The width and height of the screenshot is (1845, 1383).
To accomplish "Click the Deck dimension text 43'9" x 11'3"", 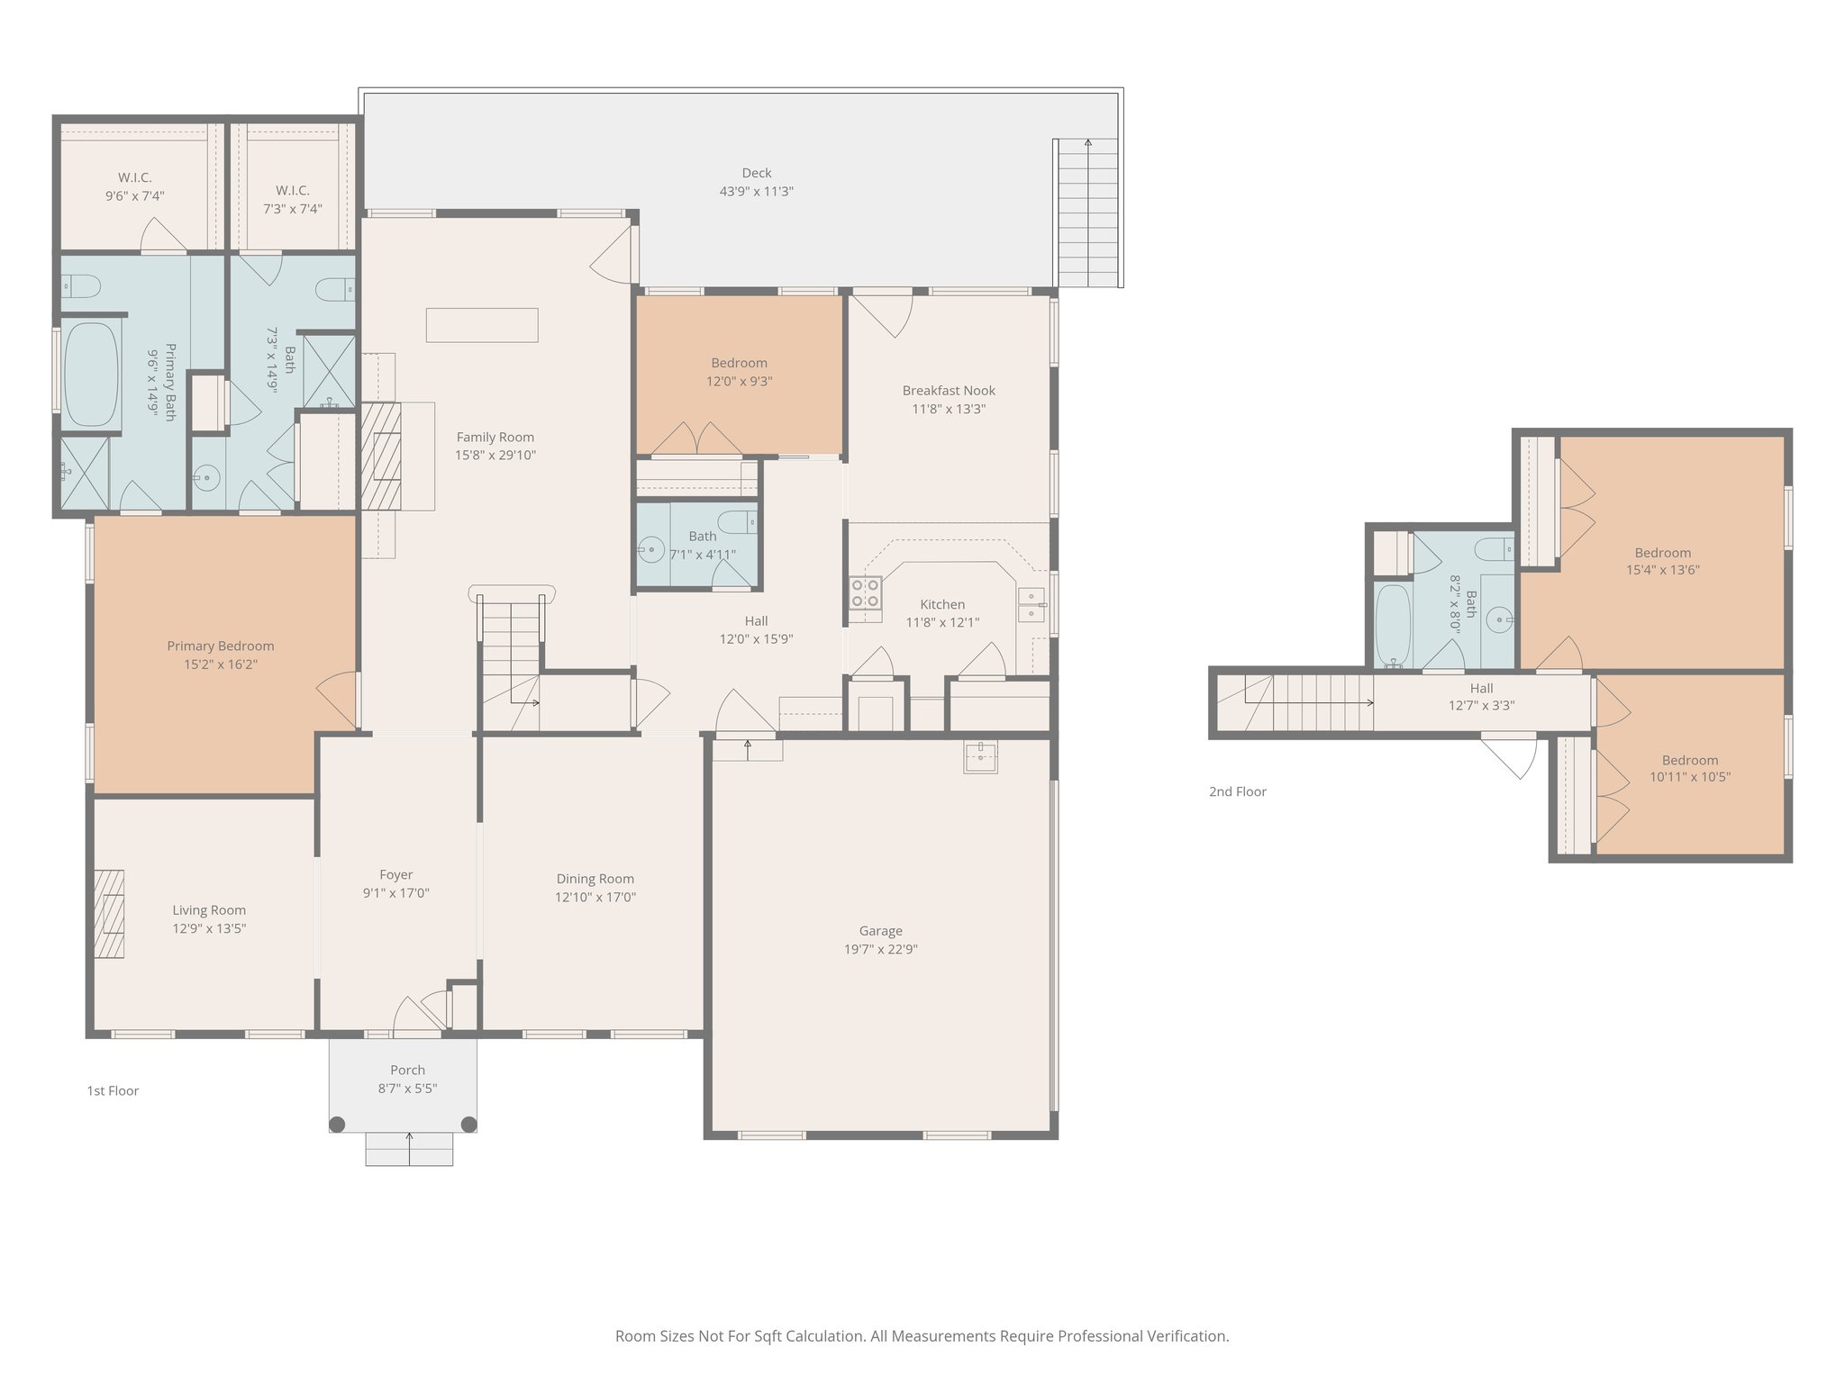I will point(756,192).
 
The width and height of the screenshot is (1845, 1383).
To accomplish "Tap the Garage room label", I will point(880,931).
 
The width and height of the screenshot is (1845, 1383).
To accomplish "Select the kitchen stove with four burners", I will point(866,593).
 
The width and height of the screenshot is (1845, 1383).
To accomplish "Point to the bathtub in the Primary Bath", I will point(91,375).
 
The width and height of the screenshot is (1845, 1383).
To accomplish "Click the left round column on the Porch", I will point(337,1124).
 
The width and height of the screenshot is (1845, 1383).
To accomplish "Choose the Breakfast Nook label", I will point(949,391).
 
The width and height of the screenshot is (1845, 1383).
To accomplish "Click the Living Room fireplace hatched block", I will point(109,914).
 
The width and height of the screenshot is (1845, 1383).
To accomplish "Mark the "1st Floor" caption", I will point(113,1090).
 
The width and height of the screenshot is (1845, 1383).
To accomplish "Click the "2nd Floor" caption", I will point(1237,791).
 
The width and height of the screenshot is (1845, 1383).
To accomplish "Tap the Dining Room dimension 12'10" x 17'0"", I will point(595,897).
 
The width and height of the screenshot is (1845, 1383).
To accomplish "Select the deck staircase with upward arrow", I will point(1087,212).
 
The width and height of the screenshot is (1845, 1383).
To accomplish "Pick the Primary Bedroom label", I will point(220,646).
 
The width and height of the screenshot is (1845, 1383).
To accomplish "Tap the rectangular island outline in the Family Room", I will point(482,325).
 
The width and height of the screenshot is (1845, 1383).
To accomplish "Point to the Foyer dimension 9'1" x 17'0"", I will point(395,893).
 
